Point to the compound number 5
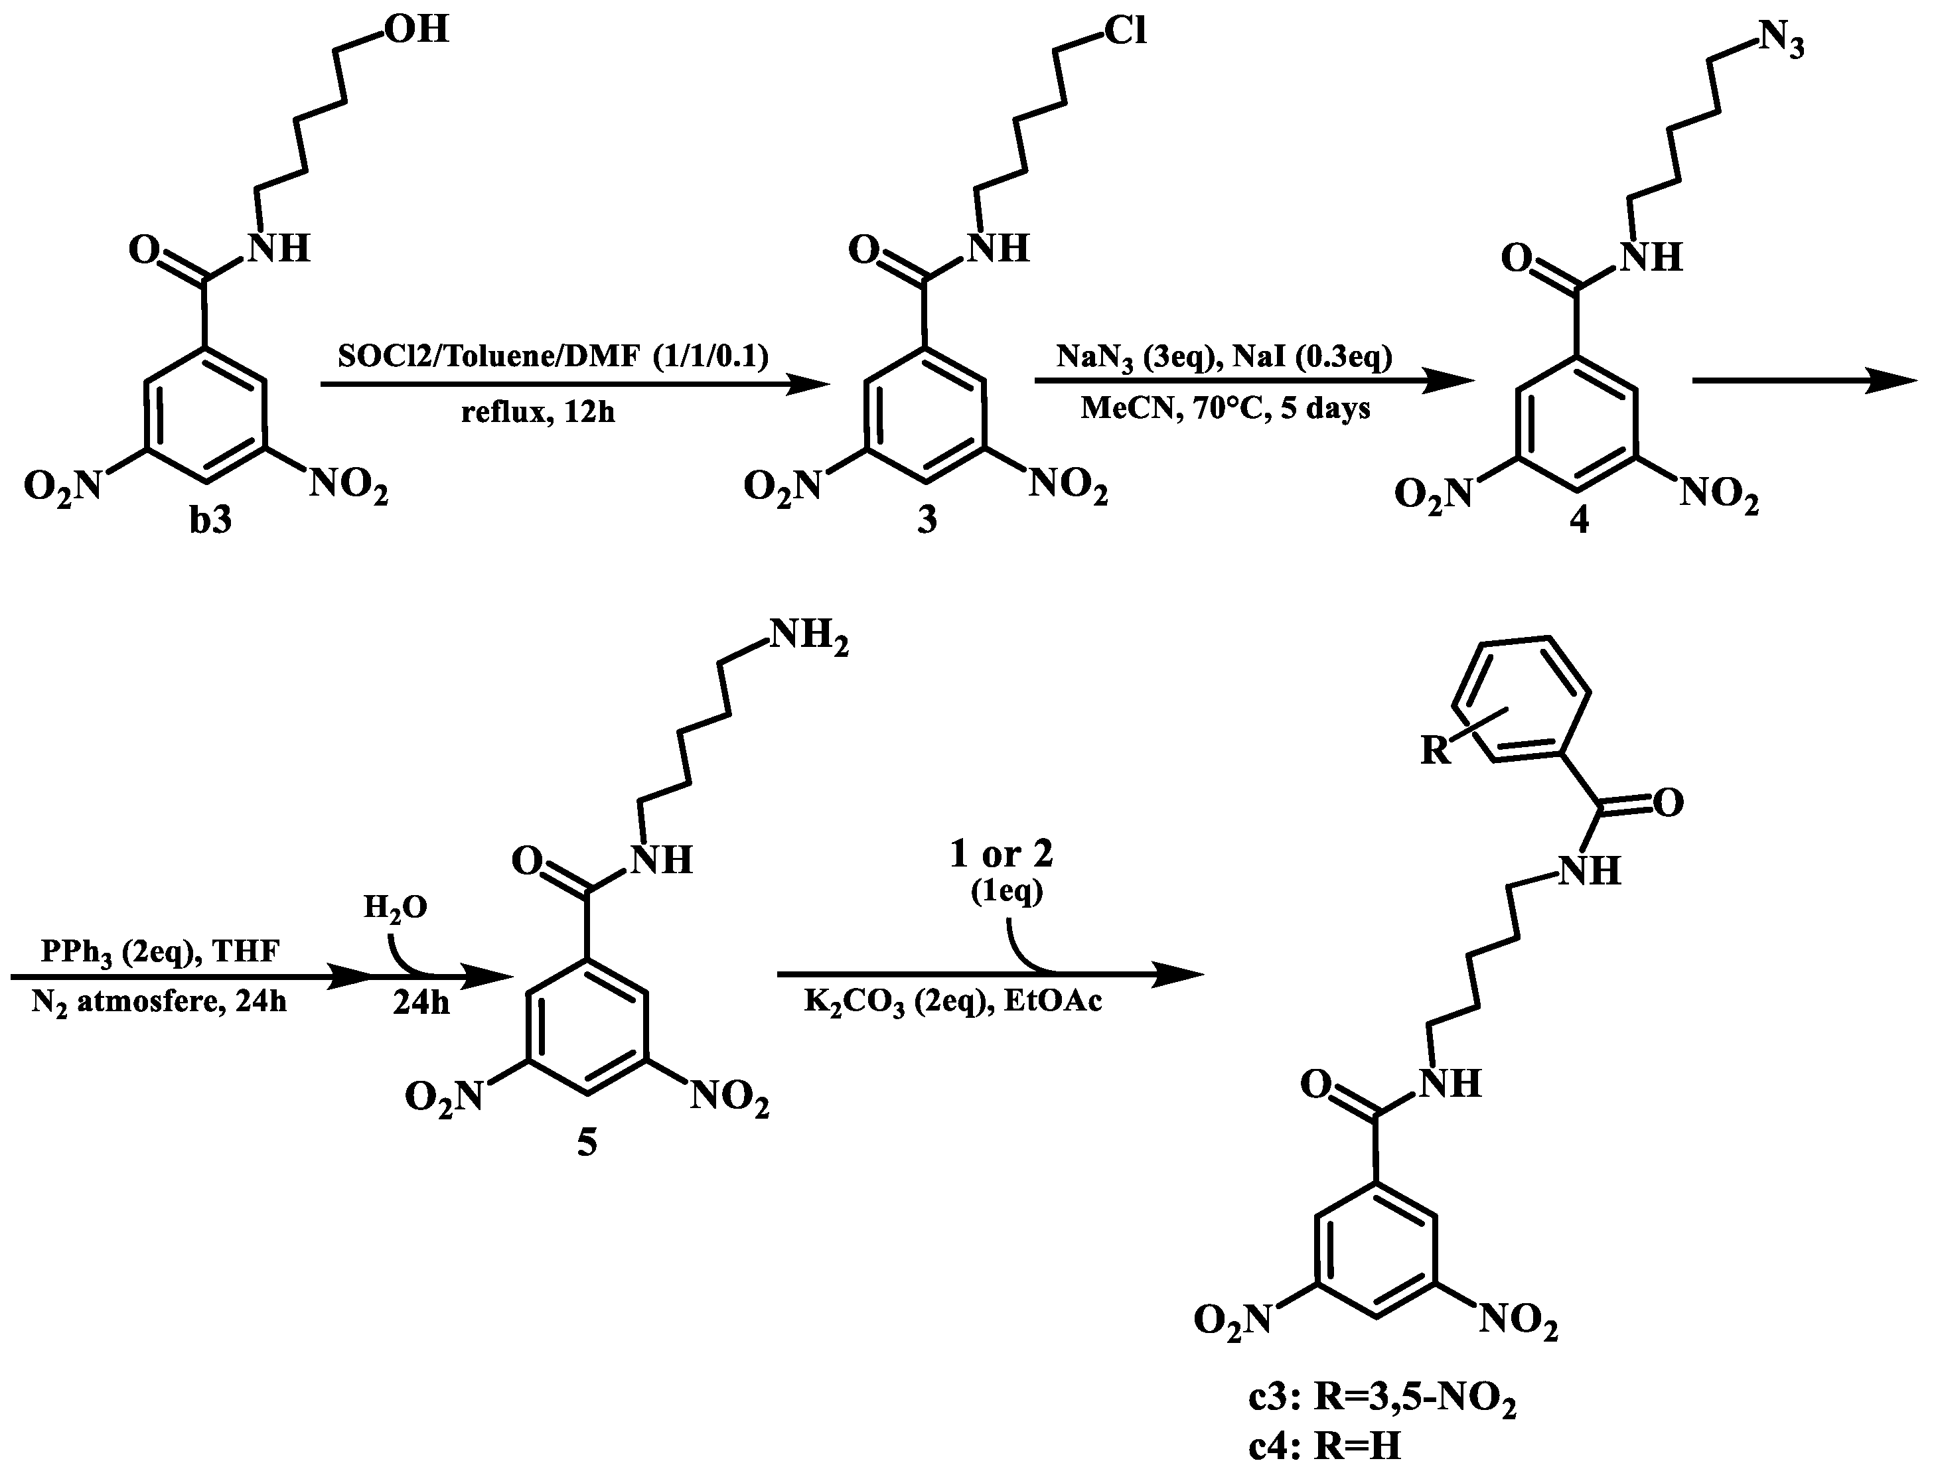pos(587,1143)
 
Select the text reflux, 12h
pos(538,410)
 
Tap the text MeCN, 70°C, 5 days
pos(1225,408)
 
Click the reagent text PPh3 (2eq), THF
pos(160,951)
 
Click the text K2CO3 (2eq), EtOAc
pos(952,1002)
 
